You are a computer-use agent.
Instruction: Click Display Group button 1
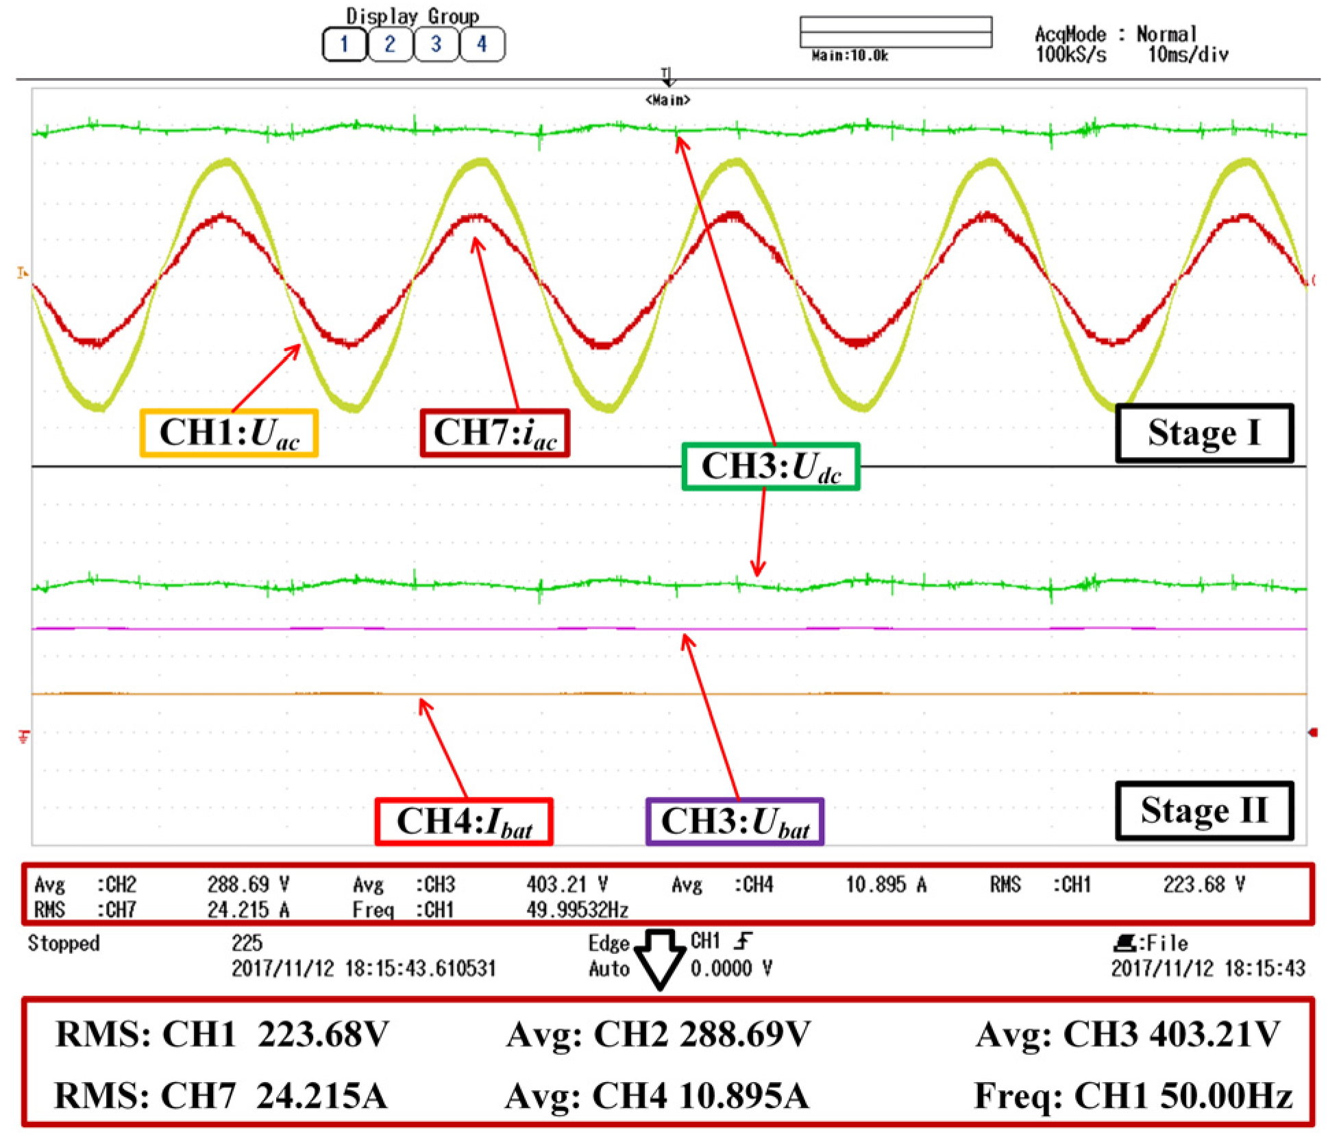tap(344, 45)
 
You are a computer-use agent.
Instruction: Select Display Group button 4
tap(482, 45)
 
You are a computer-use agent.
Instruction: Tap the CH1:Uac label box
tap(229, 433)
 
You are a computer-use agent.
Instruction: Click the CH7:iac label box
tap(495, 433)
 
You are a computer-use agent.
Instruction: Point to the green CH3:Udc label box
tap(771, 467)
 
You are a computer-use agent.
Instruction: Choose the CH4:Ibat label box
tap(464, 822)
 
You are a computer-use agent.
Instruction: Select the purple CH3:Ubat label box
tap(735, 822)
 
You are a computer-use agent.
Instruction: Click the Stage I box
tap(1204, 433)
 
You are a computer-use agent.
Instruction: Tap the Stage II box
tap(1204, 811)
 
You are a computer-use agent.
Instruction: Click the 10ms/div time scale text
tap(1188, 55)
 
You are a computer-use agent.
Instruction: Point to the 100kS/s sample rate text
tap(1070, 55)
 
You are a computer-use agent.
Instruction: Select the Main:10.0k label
tap(850, 56)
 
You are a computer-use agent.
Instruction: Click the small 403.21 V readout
tap(567, 884)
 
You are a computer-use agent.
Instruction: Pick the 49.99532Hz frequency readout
tap(577, 910)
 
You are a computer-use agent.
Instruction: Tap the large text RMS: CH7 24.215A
tap(221, 1095)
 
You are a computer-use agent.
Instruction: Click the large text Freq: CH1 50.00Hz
tap(1133, 1095)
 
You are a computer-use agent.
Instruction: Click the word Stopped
tap(64, 943)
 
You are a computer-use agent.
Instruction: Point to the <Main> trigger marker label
tap(667, 100)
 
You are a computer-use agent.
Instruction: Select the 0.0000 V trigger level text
tap(731, 968)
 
